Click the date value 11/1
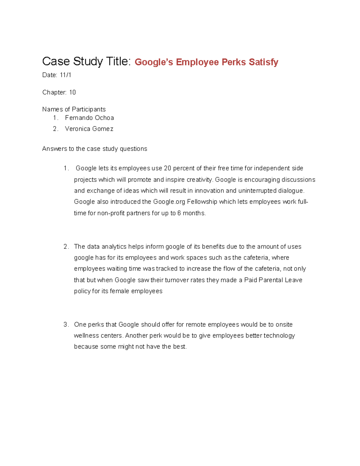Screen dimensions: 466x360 [65, 75]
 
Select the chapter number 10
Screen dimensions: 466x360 [72, 92]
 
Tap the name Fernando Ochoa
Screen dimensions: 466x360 [89, 118]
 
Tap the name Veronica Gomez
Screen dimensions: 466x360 [89, 129]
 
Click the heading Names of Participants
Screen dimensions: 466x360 [74, 109]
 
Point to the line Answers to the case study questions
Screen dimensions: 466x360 [94, 149]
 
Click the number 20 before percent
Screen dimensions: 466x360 [167, 168]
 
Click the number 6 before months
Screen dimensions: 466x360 [179, 213]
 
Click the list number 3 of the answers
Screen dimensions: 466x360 [65, 325]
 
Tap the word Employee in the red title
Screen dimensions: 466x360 [197, 62]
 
